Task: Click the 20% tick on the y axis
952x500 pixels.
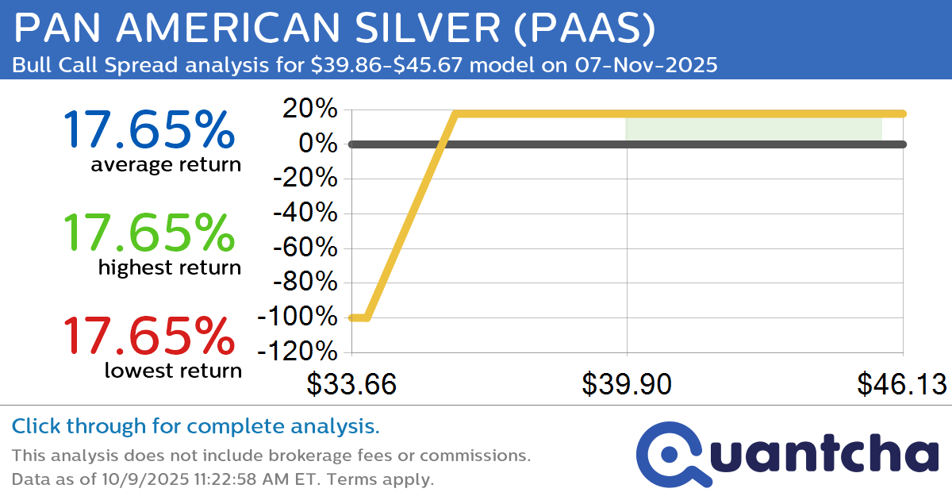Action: click(x=310, y=110)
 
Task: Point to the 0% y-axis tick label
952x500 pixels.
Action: click(x=318, y=144)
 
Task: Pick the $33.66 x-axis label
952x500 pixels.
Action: click(x=351, y=385)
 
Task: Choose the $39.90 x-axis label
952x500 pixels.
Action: click(x=627, y=385)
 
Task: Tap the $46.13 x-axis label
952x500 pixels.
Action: click(x=901, y=385)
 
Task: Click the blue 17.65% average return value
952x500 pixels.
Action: click(x=149, y=129)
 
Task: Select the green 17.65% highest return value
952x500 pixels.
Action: click(x=149, y=233)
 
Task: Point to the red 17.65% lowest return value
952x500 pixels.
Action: click(x=149, y=335)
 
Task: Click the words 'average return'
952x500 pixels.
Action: click(x=165, y=165)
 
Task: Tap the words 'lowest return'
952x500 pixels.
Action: click(x=172, y=371)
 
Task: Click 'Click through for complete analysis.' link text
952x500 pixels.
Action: click(x=195, y=427)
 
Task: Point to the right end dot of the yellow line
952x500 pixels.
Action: click(x=903, y=113)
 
